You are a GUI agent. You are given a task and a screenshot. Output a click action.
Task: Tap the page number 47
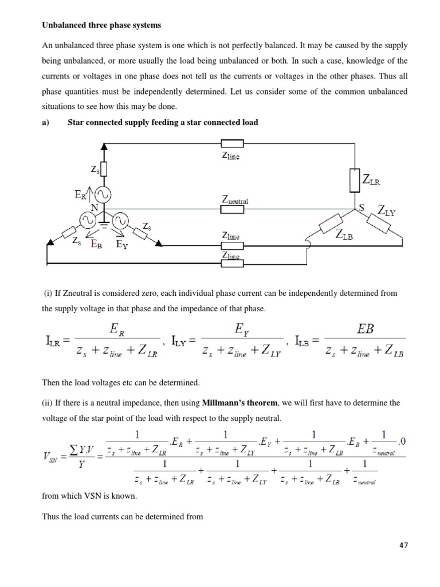coord(404,545)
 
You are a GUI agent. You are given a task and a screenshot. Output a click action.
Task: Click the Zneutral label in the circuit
coord(235,201)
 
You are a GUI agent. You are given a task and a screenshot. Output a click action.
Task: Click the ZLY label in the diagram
coord(386,211)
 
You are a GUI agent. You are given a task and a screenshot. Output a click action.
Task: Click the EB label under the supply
coord(96,244)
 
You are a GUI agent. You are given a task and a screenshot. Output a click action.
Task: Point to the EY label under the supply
coord(123,244)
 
